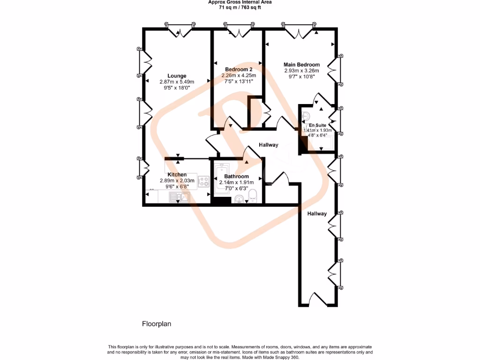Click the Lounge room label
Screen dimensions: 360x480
point(177,75)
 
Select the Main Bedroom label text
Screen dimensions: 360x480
point(301,65)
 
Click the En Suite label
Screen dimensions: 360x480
point(317,125)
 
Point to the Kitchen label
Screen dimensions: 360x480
point(177,174)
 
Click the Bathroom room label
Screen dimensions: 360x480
point(237,176)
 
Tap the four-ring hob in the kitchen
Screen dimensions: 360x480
point(204,181)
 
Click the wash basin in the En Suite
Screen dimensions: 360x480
point(306,115)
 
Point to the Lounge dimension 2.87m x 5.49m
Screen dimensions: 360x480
point(177,82)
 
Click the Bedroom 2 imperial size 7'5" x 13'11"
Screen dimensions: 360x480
point(237,81)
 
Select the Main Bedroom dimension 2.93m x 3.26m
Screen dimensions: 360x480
point(301,71)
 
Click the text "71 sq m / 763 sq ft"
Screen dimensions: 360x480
point(240,7)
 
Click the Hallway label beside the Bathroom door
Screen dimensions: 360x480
point(269,145)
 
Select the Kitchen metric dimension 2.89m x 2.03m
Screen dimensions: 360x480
point(177,180)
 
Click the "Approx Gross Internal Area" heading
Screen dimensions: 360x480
point(240,2)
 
